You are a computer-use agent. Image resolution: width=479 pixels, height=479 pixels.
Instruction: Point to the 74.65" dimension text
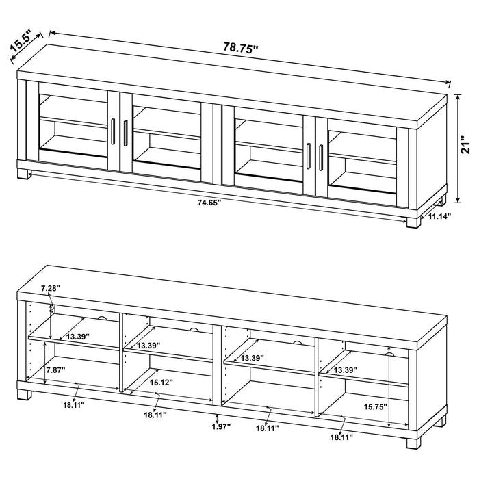tap(209, 203)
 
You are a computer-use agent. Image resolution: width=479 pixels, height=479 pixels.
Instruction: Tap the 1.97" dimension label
tap(220, 426)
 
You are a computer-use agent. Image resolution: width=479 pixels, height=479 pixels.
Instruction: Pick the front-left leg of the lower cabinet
tap(27, 393)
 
